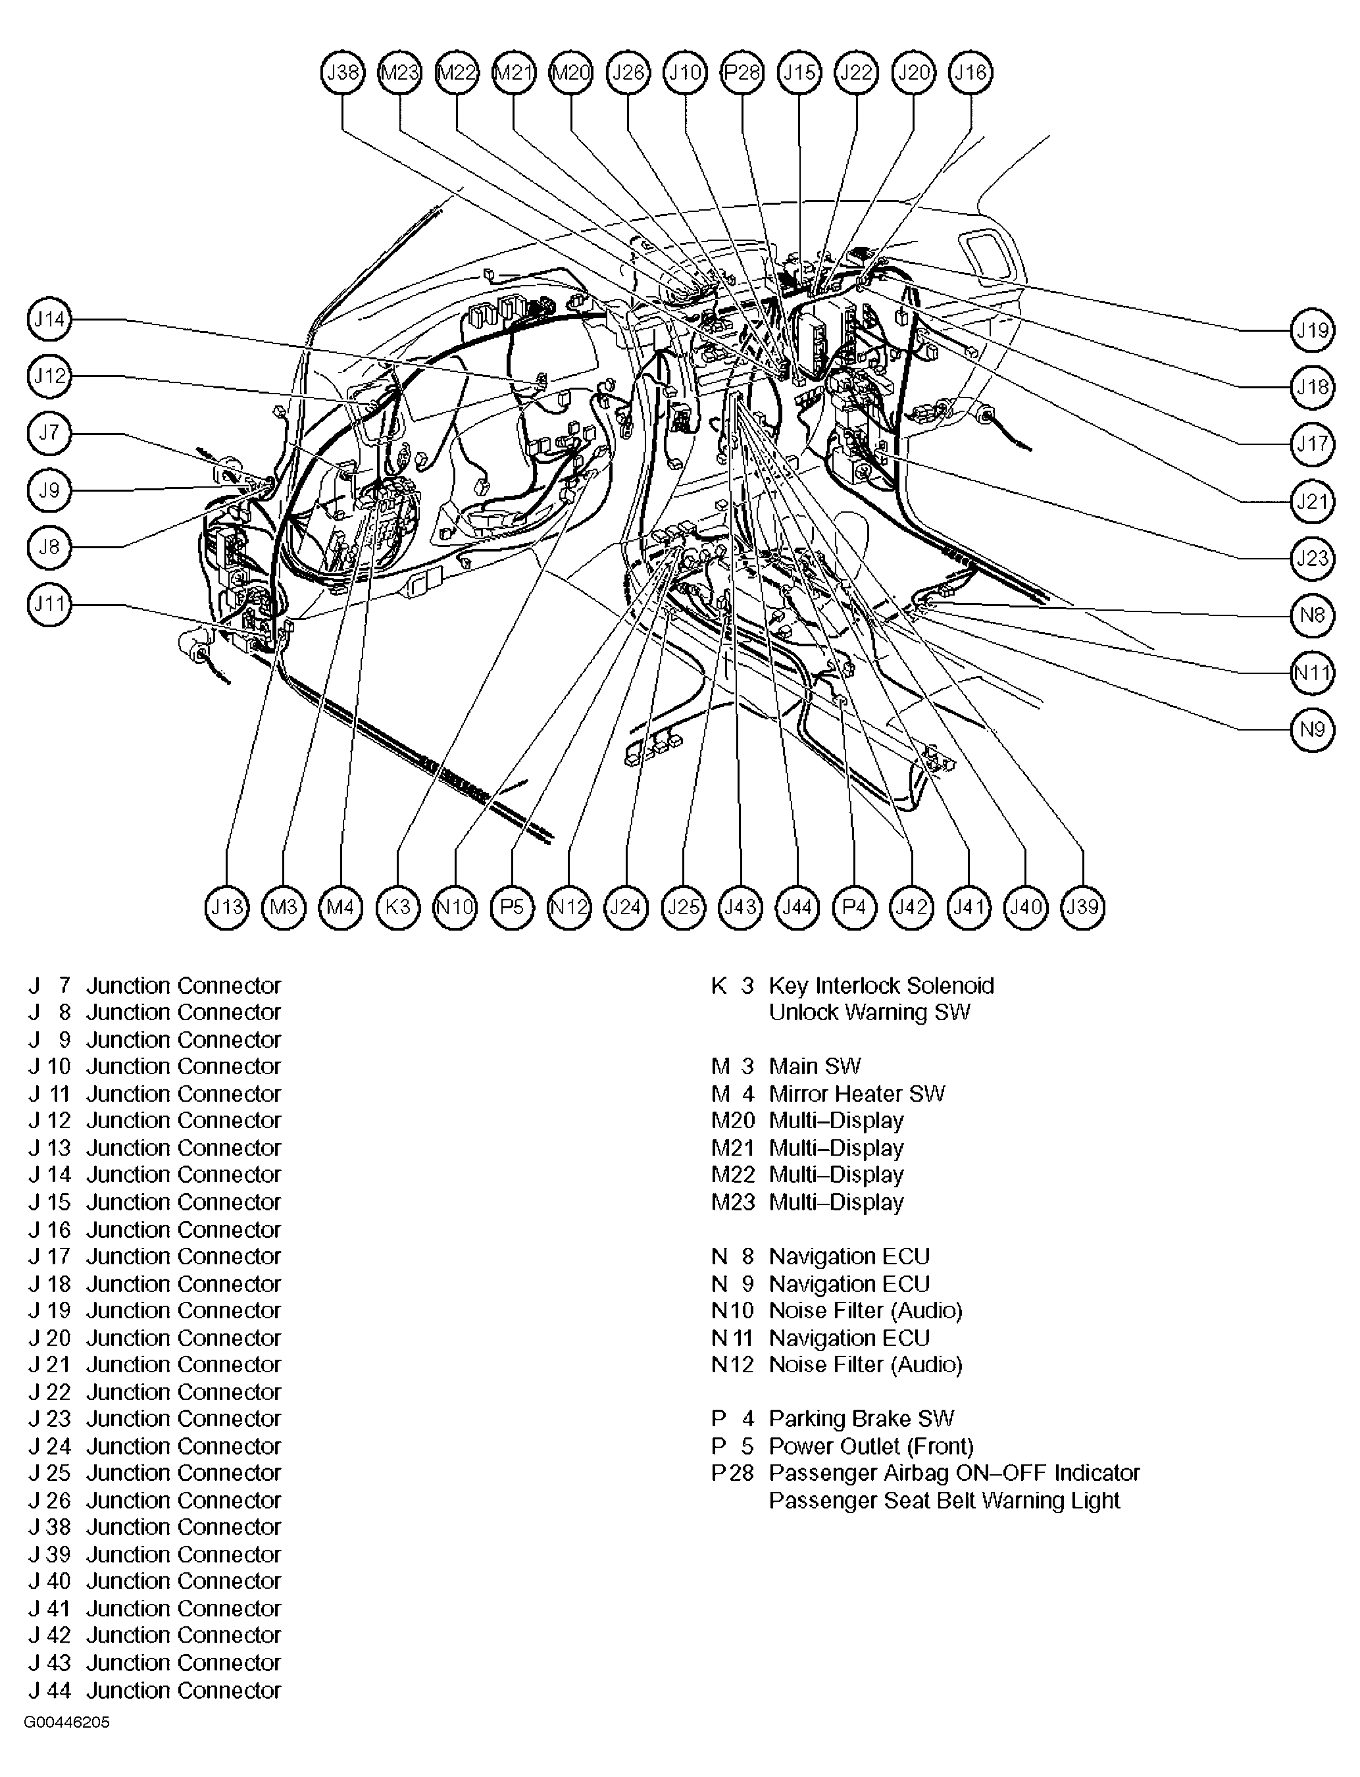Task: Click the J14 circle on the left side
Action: (x=49, y=320)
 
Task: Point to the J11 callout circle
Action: (x=49, y=605)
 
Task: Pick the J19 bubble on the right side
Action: (x=1311, y=330)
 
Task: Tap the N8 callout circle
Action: (x=1311, y=615)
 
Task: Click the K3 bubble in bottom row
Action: (x=398, y=907)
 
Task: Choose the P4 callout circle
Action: (x=855, y=907)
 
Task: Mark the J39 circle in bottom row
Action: (x=1082, y=907)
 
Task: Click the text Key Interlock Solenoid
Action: (x=881, y=985)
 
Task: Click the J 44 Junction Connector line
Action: (x=155, y=1690)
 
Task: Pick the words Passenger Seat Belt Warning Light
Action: (x=944, y=1500)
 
